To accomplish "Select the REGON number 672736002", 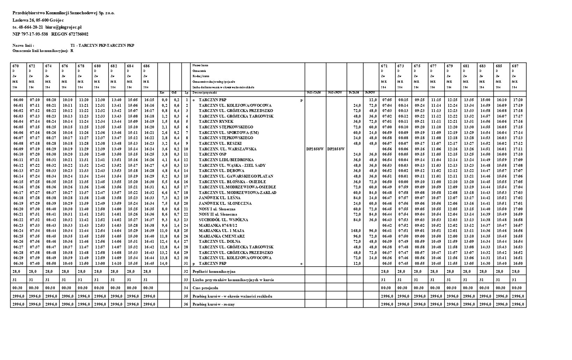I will coord(70,34).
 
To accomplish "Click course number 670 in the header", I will coord(15,66).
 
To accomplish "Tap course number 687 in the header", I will coord(515,66).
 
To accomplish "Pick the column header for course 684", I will coord(130,66).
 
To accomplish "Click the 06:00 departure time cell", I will coord(18,100).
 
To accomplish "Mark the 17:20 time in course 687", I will coord(518,100).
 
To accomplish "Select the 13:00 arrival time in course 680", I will coord(100,263).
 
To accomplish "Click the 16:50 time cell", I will coord(518,263).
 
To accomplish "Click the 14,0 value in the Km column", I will coord(163,263).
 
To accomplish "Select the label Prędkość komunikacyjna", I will coord(214,271).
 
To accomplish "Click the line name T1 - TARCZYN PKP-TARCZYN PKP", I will coord(102,45).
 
